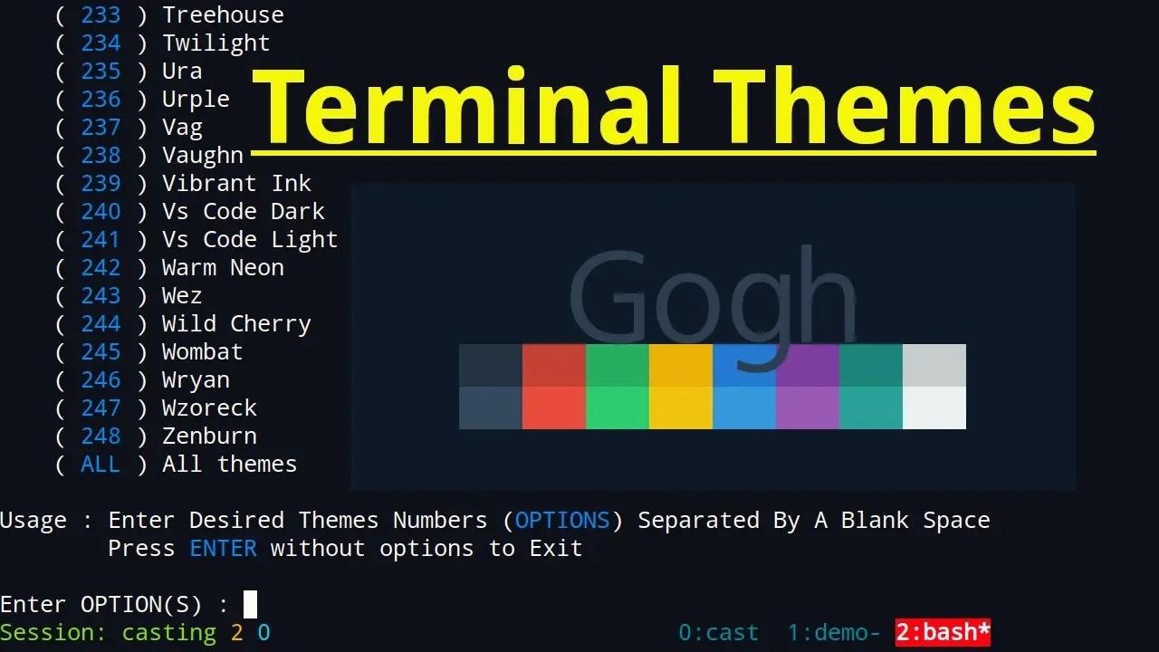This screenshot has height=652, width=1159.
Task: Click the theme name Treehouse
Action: [x=223, y=14]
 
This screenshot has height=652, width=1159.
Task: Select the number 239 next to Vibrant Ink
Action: [x=101, y=183]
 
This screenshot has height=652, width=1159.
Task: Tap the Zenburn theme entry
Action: [x=209, y=436]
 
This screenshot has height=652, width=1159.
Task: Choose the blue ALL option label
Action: [x=101, y=464]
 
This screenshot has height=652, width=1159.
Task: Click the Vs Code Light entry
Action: [x=250, y=239]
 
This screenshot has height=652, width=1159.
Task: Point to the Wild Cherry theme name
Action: [x=236, y=323]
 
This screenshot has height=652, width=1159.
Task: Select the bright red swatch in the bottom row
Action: [x=554, y=407]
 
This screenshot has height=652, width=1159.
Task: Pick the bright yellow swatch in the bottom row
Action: [x=681, y=407]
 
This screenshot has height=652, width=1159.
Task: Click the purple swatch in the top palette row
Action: [x=808, y=365]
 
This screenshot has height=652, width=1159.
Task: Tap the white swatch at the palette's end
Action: [x=934, y=407]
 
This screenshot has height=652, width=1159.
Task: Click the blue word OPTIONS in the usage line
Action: [x=562, y=520]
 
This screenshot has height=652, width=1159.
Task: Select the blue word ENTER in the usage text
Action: [x=223, y=548]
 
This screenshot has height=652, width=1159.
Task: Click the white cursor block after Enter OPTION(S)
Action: [x=251, y=604]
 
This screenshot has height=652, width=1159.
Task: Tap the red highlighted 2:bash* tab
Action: [x=943, y=632]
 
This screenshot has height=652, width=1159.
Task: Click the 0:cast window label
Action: [x=718, y=632]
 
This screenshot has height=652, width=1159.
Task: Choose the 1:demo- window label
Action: [x=833, y=632]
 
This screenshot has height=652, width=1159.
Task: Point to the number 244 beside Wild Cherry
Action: [x=101, y=323]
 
